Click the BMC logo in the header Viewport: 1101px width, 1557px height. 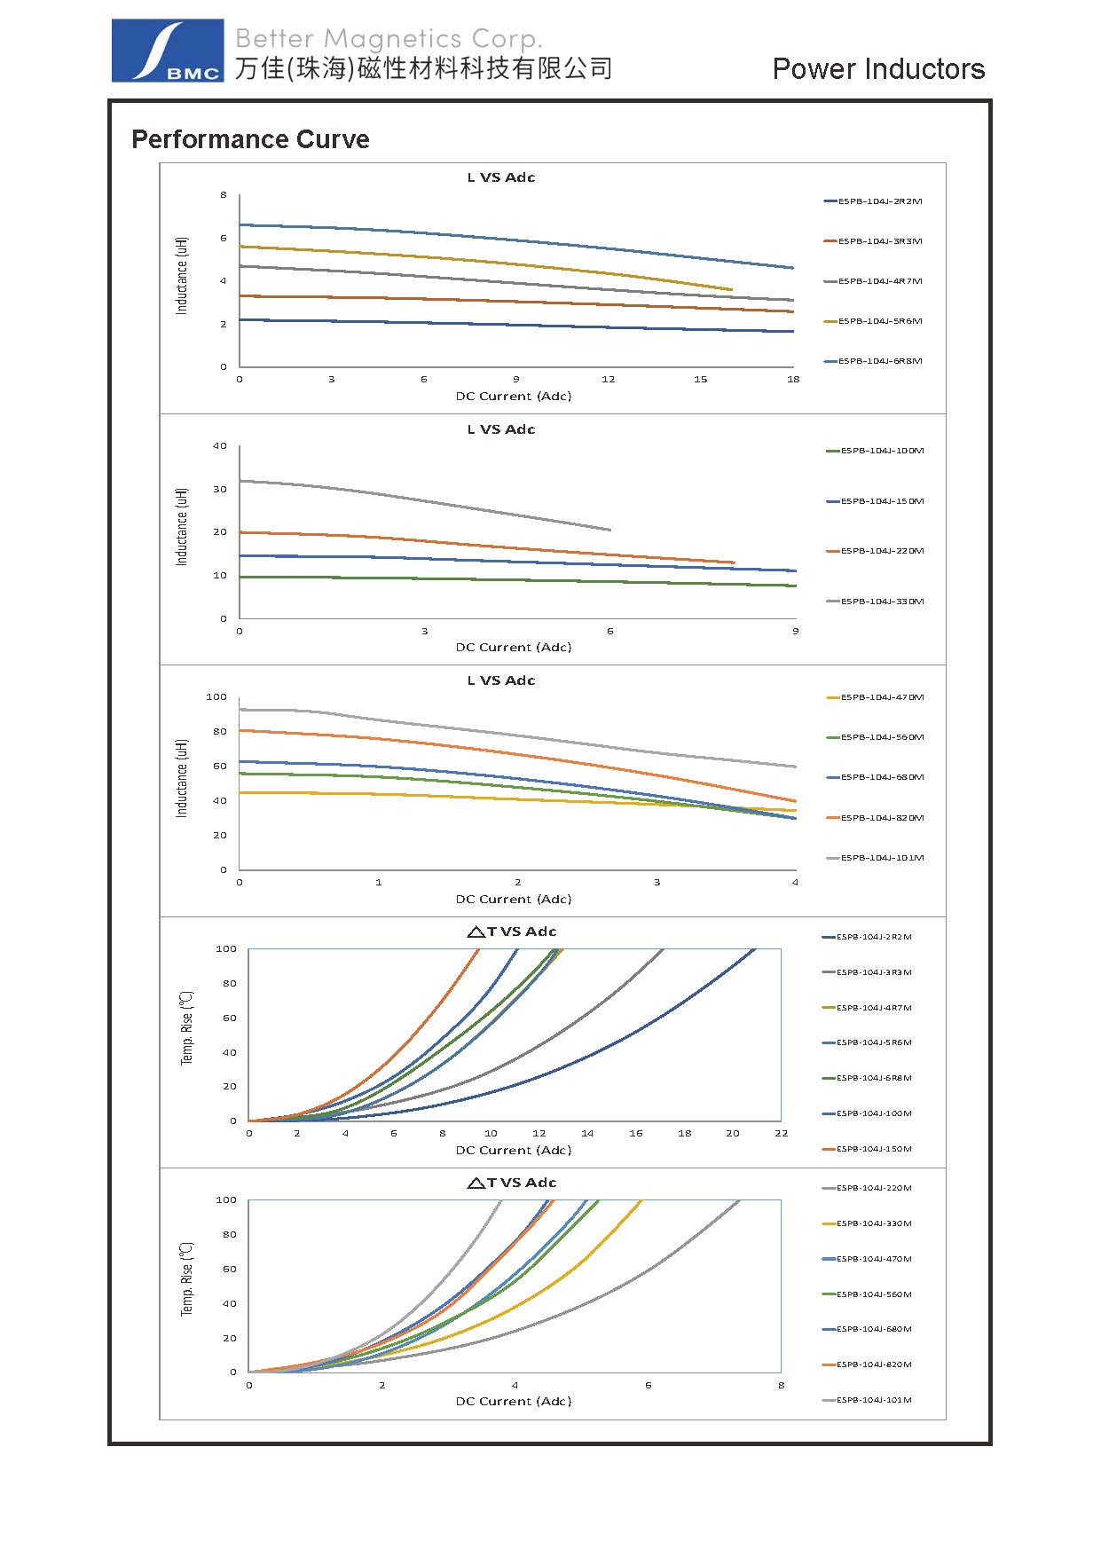coord(167,51)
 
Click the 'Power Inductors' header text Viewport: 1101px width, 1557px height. coord(877,69)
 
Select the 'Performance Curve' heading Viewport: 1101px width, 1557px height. coord(250,139)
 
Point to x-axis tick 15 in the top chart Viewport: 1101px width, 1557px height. coord(701,380)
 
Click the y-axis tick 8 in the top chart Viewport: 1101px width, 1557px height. coord(224,195)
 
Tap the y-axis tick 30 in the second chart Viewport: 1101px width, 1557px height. coord(220,489)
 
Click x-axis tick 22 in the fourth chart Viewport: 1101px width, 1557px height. coord(781,1133)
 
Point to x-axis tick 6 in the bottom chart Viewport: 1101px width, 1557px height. coord(648,1385)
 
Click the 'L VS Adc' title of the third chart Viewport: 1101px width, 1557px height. coord(501,680)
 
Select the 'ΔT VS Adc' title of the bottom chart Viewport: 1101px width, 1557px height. coord(512,1183)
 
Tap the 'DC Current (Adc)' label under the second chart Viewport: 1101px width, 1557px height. coord(514,647)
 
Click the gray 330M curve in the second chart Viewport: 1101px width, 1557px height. coord(426,501)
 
